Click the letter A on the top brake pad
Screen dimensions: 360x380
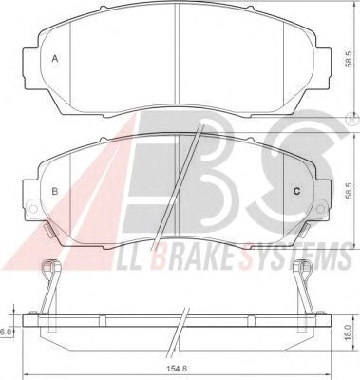coord(55,59)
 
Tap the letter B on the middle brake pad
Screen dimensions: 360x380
coord(55,191)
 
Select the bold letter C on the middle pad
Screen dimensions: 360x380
coord(296,191)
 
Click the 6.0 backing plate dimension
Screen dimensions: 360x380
coord(5,332)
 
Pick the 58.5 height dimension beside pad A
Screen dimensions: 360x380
coord(349,59)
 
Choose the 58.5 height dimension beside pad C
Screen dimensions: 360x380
coord(349,191)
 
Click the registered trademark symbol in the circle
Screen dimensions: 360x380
coord(355,120)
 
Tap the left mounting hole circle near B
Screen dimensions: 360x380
coord(32,208)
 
